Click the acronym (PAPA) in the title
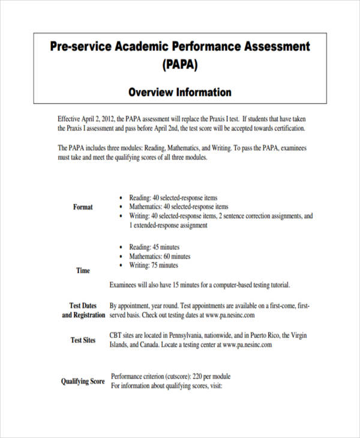click(x=180, y=64)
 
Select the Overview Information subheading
click(x=180, y=92)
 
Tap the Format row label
click(x=83, y=207)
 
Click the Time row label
click(x=83, y=271)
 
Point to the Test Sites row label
click(x=83, y=340)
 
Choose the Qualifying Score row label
click(x=83, y=381)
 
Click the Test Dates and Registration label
click(x=83, y=310)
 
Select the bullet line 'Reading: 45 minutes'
click(x=154, y=247)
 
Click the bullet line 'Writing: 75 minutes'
click(x=154, y=265)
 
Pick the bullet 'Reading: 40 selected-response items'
click(x=173, y=198)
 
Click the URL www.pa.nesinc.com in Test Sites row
click(x=247, y=345)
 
